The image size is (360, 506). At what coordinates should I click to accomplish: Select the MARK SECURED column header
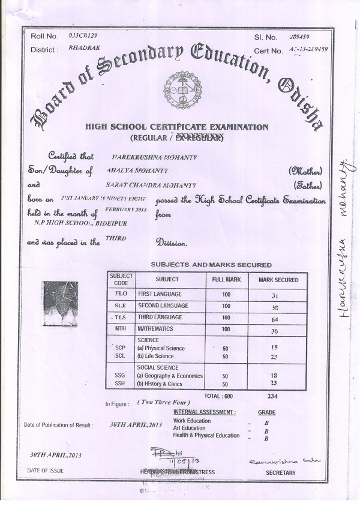(278, 280)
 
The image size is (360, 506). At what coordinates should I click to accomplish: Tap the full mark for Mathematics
(226, 329)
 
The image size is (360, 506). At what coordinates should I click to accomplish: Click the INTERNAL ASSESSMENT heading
(205, 413)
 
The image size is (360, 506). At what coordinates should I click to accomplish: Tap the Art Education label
(192, 428)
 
